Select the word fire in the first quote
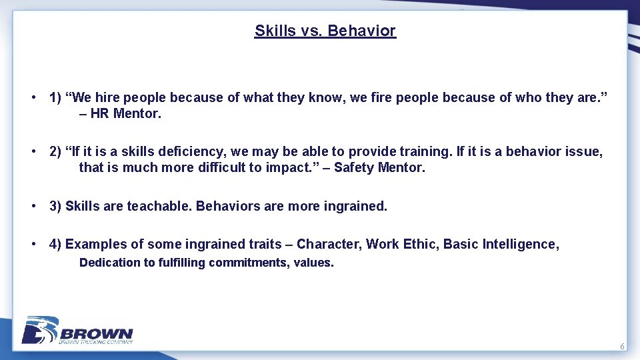coord(375,97)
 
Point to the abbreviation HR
coord(99,113)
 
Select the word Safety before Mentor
coord(354,167)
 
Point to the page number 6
coord(622,347)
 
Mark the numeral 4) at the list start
coord(55,244)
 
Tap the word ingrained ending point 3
coord(355,206)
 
